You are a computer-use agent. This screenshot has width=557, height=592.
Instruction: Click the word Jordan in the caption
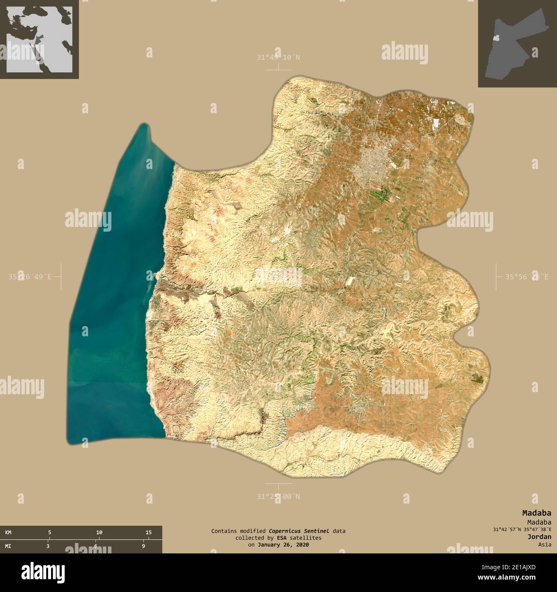pyautogui.click(x=539, y=537)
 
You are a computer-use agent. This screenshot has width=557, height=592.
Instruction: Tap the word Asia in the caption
pyautogui.click(x=545, y=544)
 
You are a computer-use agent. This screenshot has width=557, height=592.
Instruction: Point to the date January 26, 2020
pyautogui.click(x=283, y=544)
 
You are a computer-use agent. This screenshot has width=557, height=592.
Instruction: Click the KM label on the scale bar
pyautogui.click(x=8, y=532)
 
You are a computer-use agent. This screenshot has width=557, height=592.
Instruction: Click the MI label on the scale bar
pyautogui.click(x=8, y=546)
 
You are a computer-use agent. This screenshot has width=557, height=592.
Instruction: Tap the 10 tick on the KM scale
pyautogui.click(x=99, y=532)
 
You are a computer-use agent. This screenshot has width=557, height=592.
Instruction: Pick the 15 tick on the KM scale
pyautogui.click(x=148, y=532)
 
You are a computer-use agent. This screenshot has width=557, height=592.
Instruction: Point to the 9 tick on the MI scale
pyautogui.click(x=144, y=546)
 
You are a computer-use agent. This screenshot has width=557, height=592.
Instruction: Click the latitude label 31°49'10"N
pyautogui.click(x=278, y=57)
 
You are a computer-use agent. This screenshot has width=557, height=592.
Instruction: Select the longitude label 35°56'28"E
pyautogui.click(x=526, y=277)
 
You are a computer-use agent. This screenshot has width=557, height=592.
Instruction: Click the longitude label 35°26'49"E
pyautogui.click(x=30, y=277)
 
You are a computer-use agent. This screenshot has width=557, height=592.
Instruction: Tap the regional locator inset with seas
pyautogui.click(x=39, y=39)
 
